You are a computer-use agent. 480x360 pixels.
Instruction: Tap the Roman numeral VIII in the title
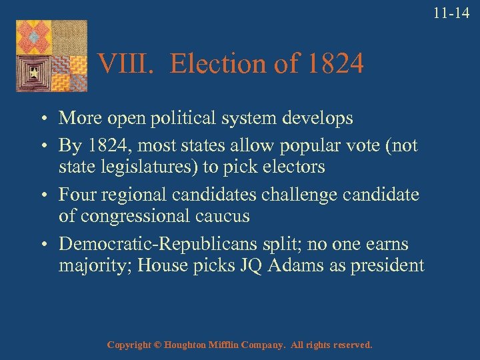coord(127,65)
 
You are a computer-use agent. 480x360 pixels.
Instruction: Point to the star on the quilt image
coord(31,70)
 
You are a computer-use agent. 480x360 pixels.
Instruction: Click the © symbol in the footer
coord(157,345)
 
